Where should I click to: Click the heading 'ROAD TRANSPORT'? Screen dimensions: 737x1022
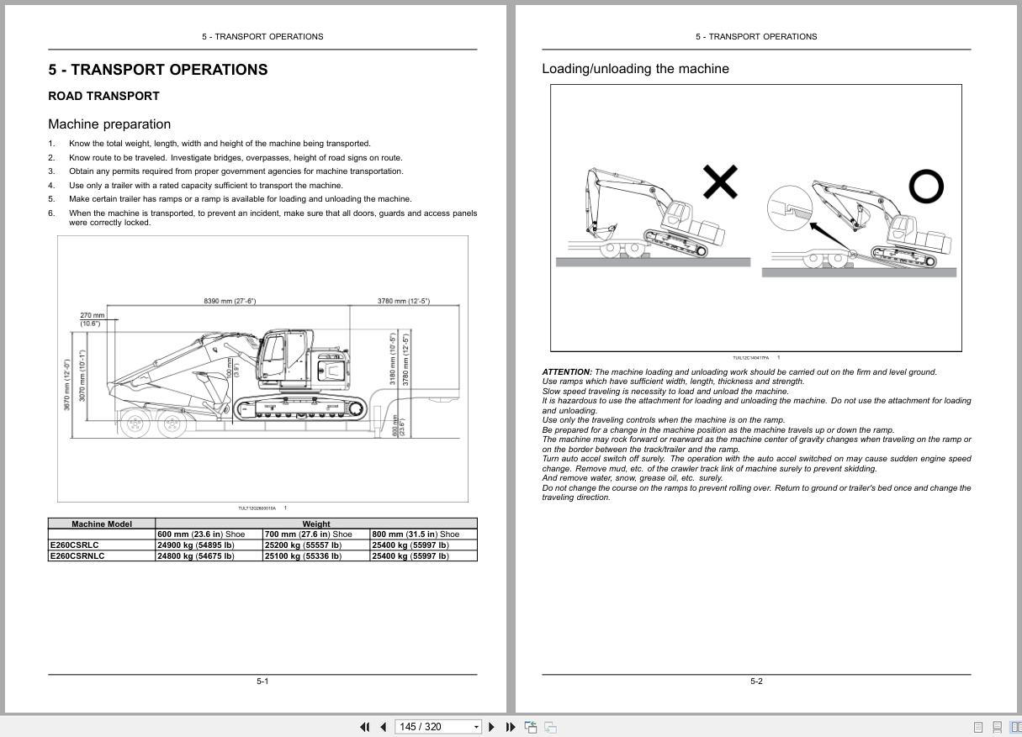[103, 96]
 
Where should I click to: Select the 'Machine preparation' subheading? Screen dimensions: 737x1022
[109, 124]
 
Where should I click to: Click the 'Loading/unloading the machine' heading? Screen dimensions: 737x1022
[635, 69]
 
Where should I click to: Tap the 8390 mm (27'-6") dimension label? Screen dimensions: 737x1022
[230, 301]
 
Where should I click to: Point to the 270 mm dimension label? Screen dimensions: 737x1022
[93, 315]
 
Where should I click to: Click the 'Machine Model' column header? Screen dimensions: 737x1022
[102, 524]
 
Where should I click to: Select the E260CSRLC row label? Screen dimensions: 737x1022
[74, 545]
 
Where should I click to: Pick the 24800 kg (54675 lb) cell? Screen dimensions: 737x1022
[196, 555]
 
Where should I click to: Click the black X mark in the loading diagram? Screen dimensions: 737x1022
[720, 182]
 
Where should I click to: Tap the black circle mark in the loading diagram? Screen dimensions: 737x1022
[926, 187]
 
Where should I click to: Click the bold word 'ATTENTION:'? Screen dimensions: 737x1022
[567, 371]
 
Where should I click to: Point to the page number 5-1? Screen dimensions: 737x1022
[262, 681]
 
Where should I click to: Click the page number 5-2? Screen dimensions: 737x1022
[756, 681]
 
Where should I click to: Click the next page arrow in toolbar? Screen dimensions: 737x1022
[492, 727]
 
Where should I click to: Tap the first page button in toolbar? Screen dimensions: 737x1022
[364, 727]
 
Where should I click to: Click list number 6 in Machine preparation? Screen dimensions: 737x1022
[51, 213]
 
